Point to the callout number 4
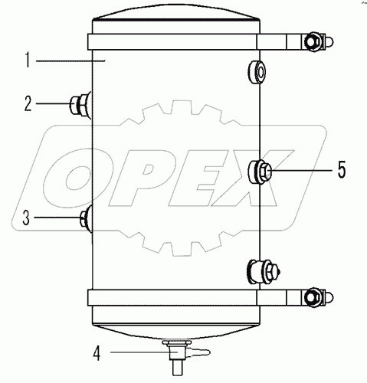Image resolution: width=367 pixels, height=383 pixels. pos(96,353)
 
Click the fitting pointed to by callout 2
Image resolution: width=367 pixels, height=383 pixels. pos(80,103)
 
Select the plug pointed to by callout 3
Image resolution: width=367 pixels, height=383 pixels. pos(85,219)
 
